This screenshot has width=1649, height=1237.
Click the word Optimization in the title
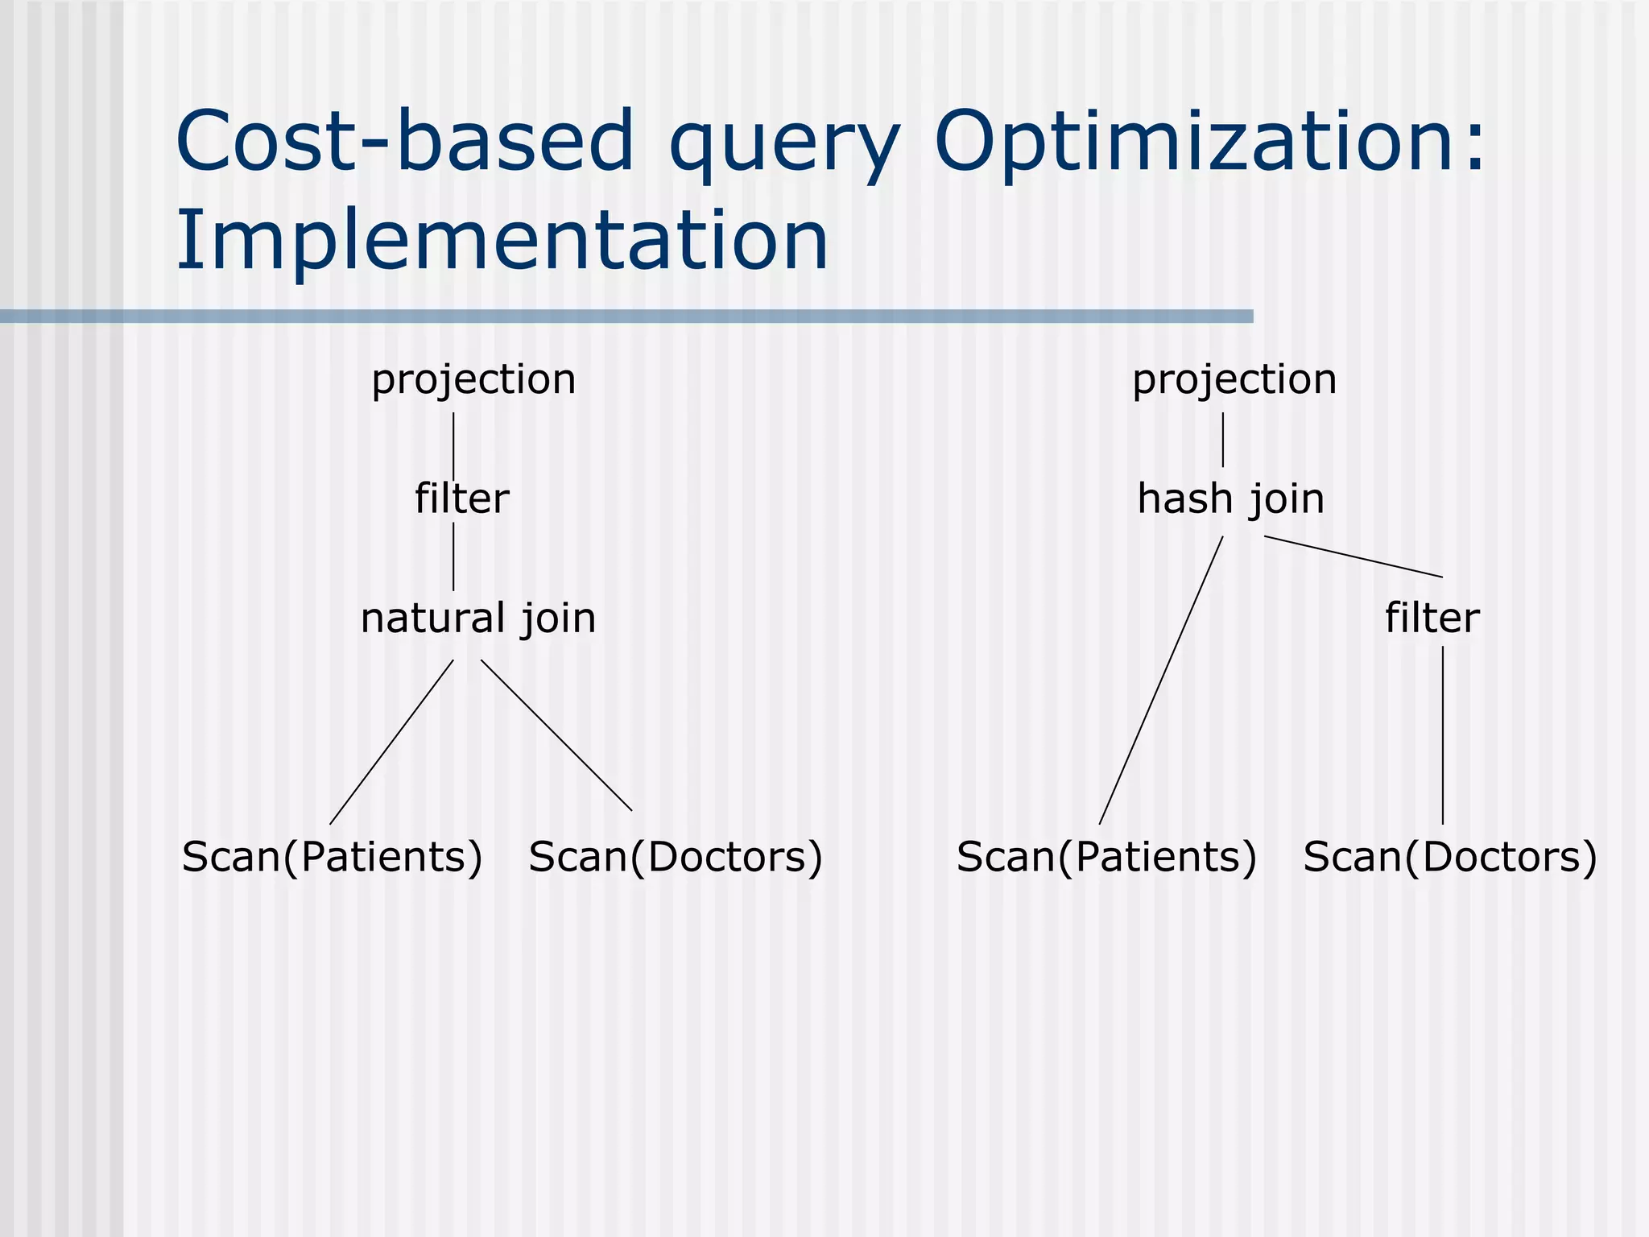(1208, 143)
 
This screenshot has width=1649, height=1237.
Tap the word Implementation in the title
(502, 240)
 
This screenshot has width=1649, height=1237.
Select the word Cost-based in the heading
(404, 142)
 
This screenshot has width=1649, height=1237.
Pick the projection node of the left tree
(473, 379)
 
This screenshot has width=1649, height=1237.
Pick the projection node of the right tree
(1234, 379)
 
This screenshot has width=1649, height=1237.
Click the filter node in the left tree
(461, 499)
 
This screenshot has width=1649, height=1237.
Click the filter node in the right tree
(1432, 618)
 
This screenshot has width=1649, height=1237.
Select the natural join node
(478, 618)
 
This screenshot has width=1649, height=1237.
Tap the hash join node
(1230, 499)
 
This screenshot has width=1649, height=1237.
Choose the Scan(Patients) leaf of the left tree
(332, 857)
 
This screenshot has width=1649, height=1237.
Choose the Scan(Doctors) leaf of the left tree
(676, 857)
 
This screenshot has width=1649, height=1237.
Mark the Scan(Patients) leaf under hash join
(1106, 857)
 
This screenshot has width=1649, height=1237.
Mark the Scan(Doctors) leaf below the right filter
(1449, 857)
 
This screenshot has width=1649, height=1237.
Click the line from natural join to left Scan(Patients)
(391, 742)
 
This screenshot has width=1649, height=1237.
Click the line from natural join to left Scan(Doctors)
(556, 735)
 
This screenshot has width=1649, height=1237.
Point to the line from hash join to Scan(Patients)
(1161, 681)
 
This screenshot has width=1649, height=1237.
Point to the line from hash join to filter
(1353, 556)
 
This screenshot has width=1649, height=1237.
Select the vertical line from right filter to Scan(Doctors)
(1442, 734)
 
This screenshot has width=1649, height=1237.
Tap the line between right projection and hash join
(1223, 440)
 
